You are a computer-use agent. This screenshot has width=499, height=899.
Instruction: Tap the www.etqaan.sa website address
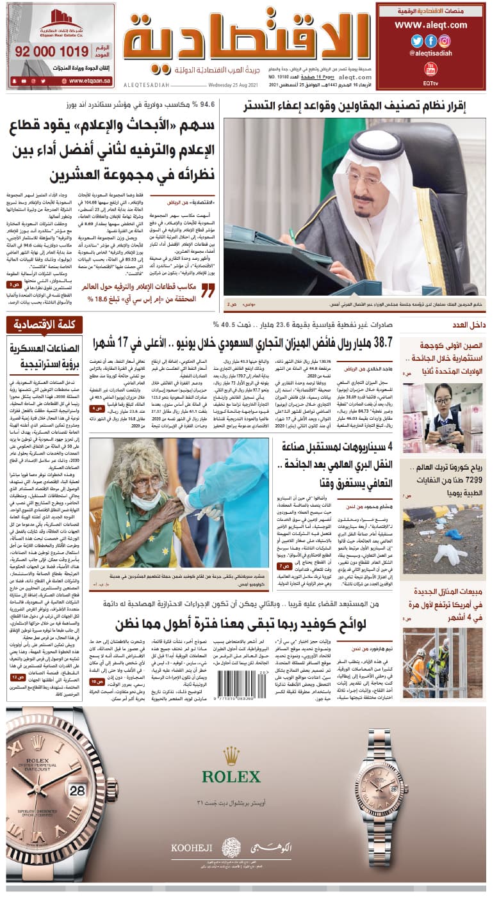[x=90, y=81]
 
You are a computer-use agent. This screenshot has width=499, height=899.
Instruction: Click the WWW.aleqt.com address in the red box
[x=430, y=25]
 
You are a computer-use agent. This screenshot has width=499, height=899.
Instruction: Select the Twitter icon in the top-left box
[x=417, y=41]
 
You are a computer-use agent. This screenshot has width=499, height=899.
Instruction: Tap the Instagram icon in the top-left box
[x=445, y=41]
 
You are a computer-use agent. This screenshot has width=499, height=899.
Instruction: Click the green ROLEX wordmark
[x=231, y=777]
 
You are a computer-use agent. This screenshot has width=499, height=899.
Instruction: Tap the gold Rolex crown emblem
[x=231, y=756]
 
